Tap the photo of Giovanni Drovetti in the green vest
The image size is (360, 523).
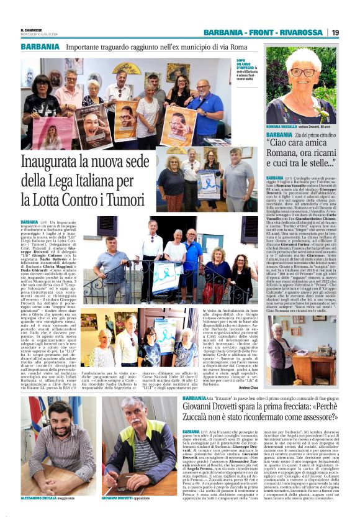coord(140,445)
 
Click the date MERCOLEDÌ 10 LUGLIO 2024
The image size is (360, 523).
coord(38,35)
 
